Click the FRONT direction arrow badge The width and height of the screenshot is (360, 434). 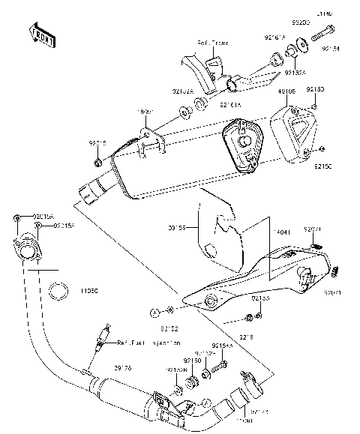pos(42,35)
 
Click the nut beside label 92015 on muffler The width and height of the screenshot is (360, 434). pos(99,163)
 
